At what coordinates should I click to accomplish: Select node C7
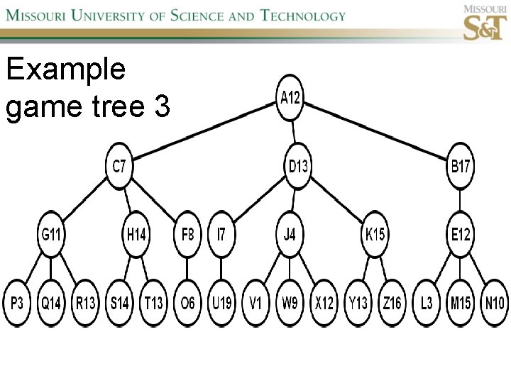(x=119, y=167)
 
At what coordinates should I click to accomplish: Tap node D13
(x=299, y=167)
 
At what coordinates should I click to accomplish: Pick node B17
(x=461, y=167)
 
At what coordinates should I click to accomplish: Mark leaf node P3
(x=17, y=304)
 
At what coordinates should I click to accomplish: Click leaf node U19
(x=221, y=304)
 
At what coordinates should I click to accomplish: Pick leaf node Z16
(x=392, y=304)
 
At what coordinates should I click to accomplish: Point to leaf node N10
(x=494, y=304)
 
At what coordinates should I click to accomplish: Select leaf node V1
(x=255, y=304)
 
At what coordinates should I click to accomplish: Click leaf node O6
(x=187, y=304)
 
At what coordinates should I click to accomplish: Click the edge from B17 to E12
(x=461, y=201)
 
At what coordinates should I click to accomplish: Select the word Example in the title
(x=65, y=70)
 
